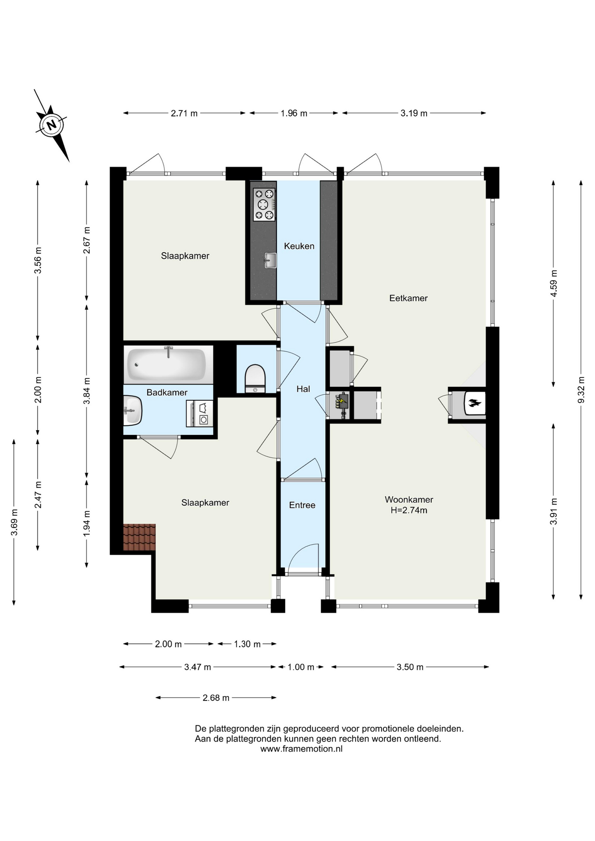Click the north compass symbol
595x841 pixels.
(52, 126)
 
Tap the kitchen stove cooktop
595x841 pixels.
(264, 205)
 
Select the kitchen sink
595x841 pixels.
(270, 260)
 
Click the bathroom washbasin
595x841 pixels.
(132, 410)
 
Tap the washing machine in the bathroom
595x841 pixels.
(199, 413)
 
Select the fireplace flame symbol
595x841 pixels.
(475, 403)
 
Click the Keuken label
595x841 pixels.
(299, 246)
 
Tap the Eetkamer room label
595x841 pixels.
(408, 298)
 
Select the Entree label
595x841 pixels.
(302, 505)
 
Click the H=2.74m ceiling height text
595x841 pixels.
(409, 510)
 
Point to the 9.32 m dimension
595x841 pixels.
(581, 390)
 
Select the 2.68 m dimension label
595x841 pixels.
(216, 698)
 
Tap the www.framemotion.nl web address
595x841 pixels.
(301, 749)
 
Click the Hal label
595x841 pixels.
(303, 389)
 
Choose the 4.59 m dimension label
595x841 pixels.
(554, 283)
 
